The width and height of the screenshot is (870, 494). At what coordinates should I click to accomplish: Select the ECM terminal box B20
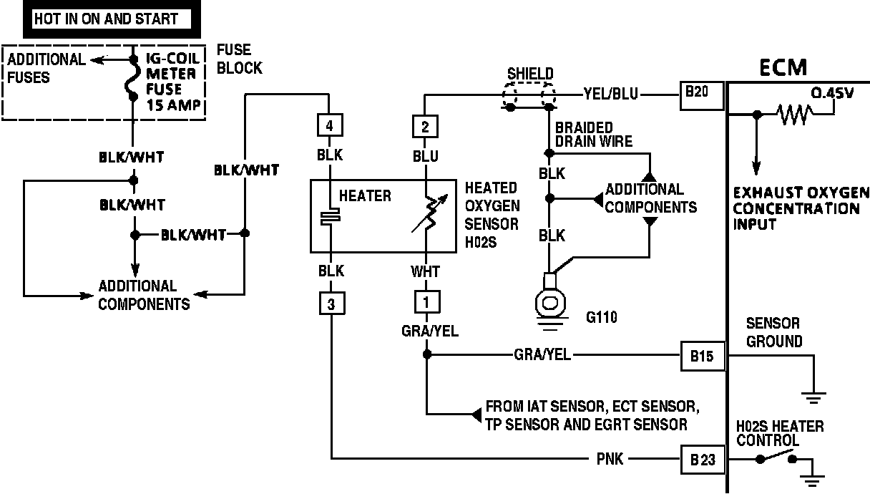point(701,93)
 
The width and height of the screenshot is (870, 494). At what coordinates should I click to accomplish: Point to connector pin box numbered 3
point(331,304)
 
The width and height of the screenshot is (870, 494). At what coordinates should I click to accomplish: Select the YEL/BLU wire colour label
point(611,93)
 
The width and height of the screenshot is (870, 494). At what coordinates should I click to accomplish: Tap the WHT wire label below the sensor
point(425,271)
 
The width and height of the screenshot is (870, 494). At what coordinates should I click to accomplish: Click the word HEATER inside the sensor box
point(365,195)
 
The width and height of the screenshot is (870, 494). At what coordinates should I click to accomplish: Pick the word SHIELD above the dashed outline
point(529,74)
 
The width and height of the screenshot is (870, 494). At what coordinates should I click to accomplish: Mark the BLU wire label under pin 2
point(425,156)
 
